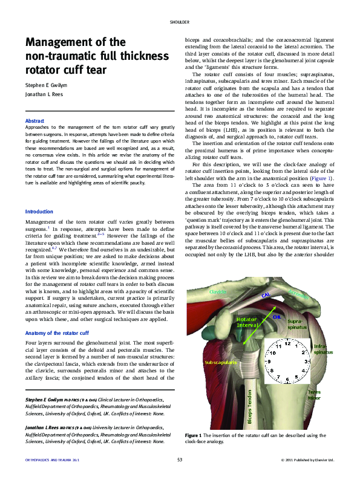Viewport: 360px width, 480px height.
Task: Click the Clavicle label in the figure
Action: (x=218, y=292)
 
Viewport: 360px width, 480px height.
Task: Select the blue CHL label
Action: (x=277, y=316)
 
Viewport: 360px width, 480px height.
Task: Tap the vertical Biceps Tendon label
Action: (x=249, y=406)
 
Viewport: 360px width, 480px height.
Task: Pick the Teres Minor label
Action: (x=314, y=395)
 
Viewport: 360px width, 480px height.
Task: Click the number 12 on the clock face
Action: (x=287, y=343)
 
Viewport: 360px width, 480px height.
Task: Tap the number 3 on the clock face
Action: (x=306, y=361)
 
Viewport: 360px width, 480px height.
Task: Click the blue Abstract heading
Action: (x=34, y=122)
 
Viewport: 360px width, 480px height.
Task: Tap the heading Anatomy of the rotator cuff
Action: (x=57, y=333)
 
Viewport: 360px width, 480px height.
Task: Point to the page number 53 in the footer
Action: (x=180, y=461)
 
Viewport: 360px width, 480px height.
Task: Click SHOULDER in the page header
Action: (x=180, y=22)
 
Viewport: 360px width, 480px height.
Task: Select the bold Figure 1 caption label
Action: (x=193, y=435)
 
